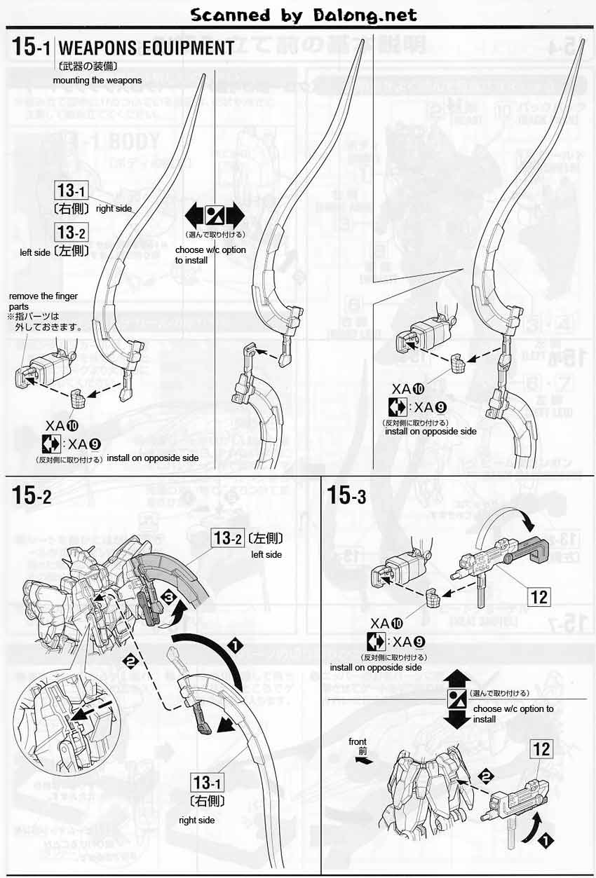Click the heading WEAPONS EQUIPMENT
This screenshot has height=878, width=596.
146,48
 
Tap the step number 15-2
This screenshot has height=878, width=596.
32,495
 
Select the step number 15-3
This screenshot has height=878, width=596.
347,495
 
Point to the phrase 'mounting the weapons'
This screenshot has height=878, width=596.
97,80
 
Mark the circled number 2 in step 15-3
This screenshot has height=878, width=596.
484,775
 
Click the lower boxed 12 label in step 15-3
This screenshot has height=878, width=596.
541,748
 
